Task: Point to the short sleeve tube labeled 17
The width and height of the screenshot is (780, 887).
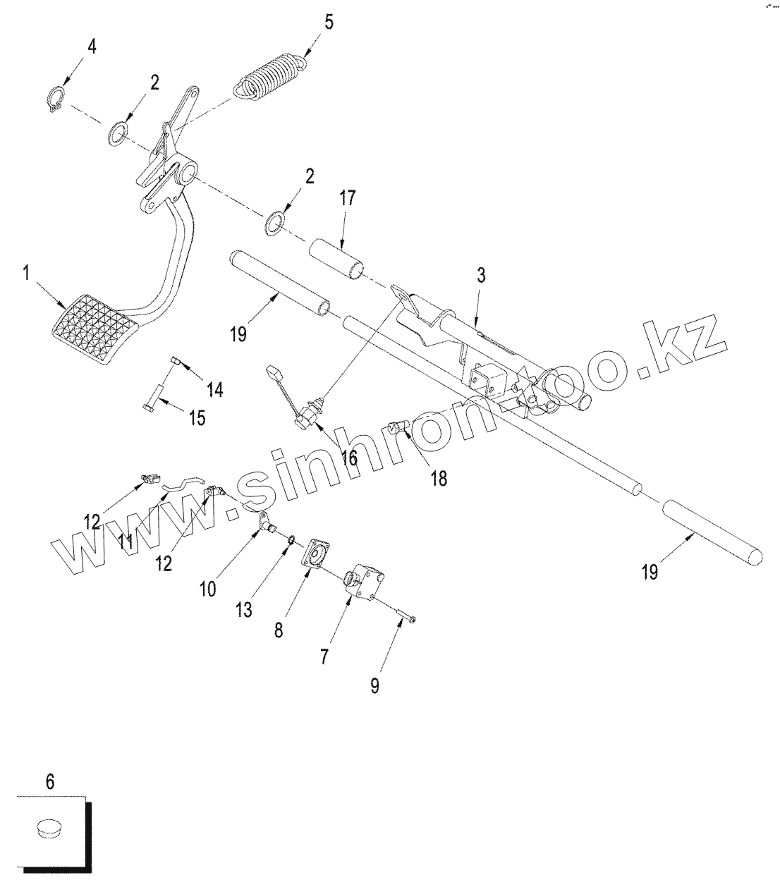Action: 337,259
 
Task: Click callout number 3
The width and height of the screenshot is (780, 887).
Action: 480,276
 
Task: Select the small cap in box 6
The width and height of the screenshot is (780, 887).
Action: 50,827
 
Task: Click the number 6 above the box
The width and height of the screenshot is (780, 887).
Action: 49,781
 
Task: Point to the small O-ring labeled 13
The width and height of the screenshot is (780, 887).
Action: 290,539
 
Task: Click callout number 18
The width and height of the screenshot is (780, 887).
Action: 438,478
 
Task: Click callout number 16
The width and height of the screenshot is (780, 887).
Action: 349,456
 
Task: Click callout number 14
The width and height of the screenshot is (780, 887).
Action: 214,388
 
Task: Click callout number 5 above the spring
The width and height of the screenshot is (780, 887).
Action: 329,22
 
